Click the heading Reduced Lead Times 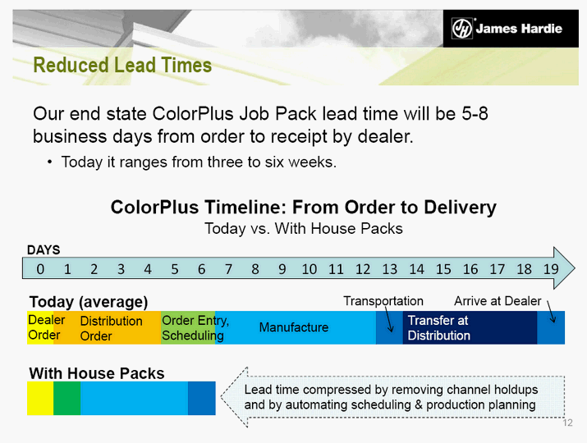(x=122, y=65)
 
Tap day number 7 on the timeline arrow (x=228, y=269)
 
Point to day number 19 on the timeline (x=551, y=269)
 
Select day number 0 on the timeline (x=40, y=269)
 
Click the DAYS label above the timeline (x=44, y=250)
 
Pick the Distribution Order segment (x=107, y=327)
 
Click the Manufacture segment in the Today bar (x=296, y=327)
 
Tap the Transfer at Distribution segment (x=470, y=327)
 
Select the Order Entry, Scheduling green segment (x=188, y=327)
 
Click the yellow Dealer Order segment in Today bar (x=40, y=327)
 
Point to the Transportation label (x=383, y=301)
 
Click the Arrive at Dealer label (x=498, y=301)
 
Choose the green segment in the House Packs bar (x=67, y=398)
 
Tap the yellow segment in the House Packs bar (x=40, y=398)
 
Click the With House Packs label (x=97, y=373)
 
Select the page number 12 (x=567, y=422)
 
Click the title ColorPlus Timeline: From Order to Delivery (x=303, y=207)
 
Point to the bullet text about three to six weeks (x=199, y=162)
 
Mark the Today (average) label (x=89, y=302)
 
